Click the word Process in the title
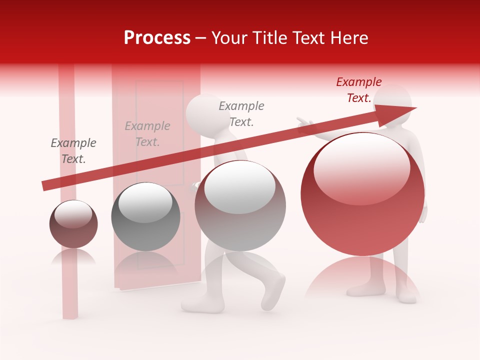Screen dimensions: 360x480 [x=157, y=38]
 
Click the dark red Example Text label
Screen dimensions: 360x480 [x=359, y=90]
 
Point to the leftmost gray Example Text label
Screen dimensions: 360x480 [x=73, y=151]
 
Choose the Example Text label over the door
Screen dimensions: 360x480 [x=147, y=134]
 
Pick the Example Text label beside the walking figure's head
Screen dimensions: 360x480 [x=241, y=113]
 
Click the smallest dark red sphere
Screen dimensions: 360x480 [x=73, y=224]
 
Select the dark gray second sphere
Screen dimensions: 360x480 [x=145, y=216]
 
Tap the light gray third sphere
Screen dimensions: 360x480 [x=240, y=205]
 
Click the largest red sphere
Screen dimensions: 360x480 [x=362, y=194]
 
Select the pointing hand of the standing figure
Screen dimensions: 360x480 [x=302, y=122]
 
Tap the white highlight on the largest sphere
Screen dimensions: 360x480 [x=361, y=168]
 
